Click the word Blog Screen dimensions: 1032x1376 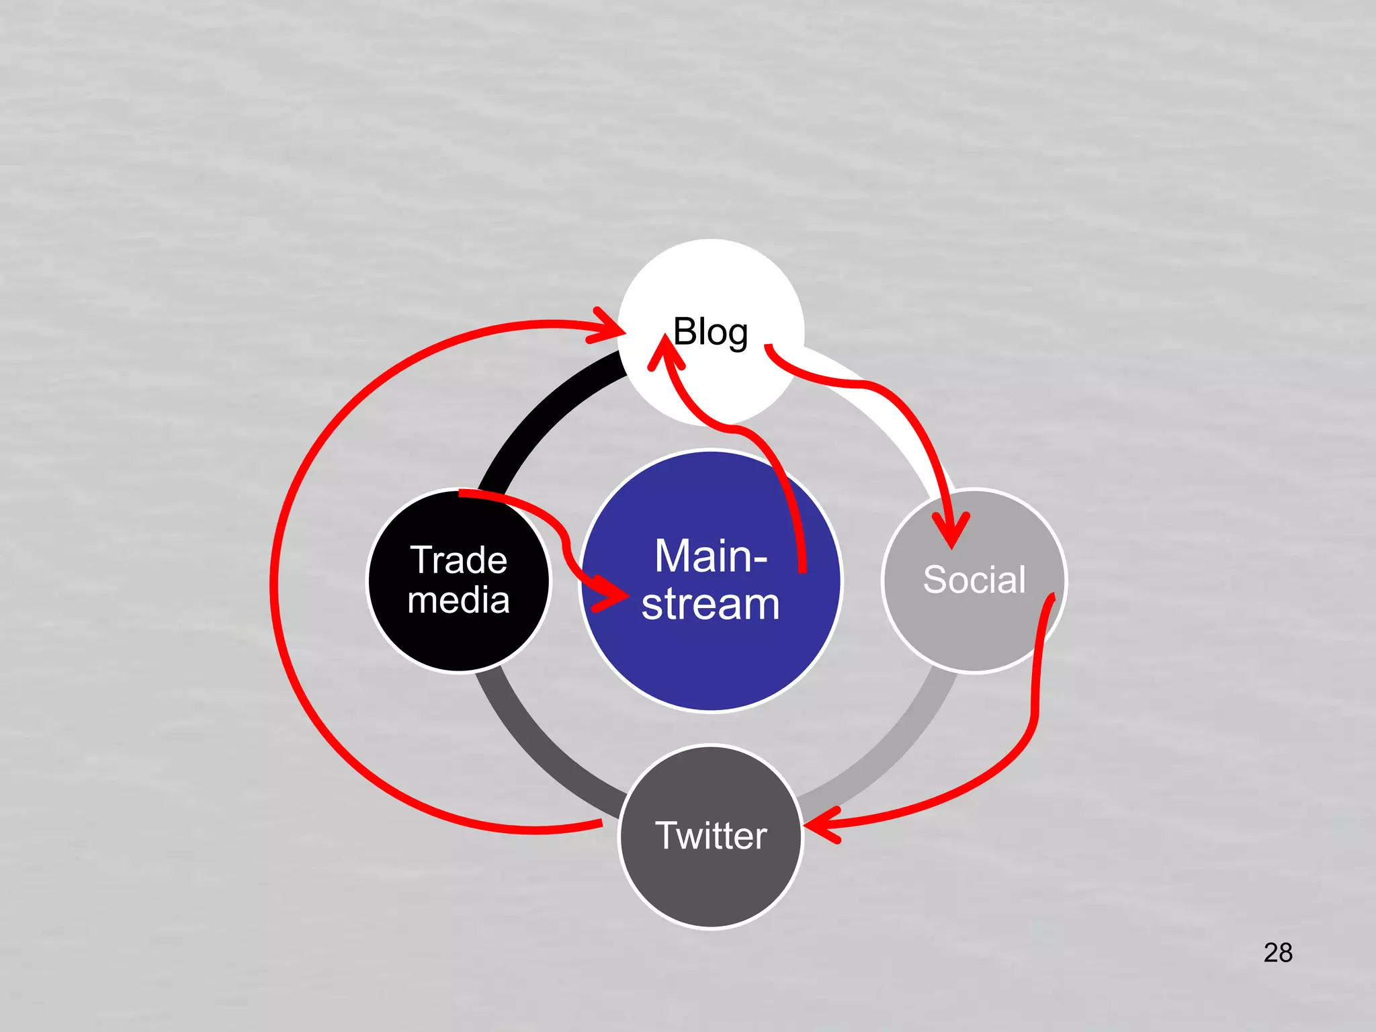[x=710, y=333]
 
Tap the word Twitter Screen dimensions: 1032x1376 [x=711, y=836]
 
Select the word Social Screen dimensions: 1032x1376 [x=974, y=579]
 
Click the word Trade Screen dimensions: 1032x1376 [x=459, y=560]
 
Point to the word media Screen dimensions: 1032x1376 [x=459, y=600]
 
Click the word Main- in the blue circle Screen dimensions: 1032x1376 [x=711, y=556]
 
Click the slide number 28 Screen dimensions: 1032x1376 [x=1278, y=953]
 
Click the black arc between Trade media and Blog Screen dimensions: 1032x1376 [x=537, y=417]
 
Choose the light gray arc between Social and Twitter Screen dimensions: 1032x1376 [x=894, y=739]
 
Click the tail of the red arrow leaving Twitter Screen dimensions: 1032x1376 [x=598, y=824]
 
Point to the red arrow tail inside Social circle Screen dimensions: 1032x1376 [x=1051, y=598]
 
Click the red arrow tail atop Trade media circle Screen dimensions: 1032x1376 [x=464, y=494]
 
